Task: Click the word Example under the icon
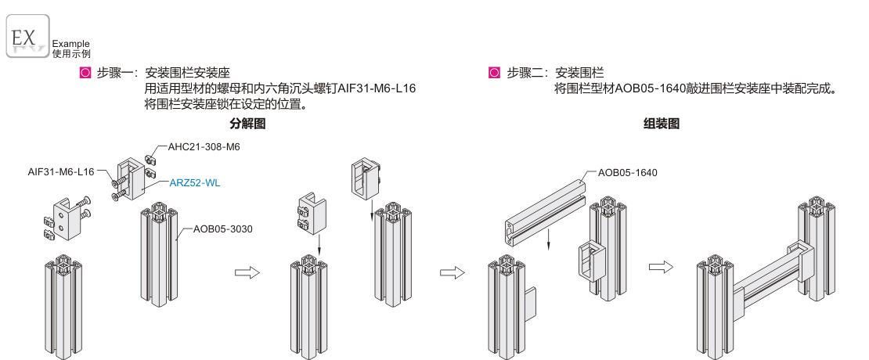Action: point(70,44)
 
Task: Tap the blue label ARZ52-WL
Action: point(195,183)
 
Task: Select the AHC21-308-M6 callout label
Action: point(204,146)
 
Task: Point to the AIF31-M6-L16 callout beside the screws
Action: point(61,172)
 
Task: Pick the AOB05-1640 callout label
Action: point(627,172)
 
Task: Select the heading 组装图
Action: point(661,124)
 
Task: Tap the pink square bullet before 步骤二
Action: point(494,74)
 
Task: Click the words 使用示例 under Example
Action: point(70,54)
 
